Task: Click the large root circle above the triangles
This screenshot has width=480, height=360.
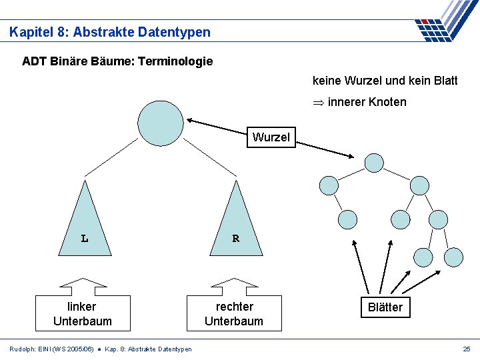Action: click(x=160, y=123)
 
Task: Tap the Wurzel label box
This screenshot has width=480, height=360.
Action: click(x=271, y=137)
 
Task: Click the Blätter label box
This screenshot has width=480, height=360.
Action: click(x=385, y=307)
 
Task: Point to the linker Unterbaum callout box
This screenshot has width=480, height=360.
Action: click(x=82, y=313)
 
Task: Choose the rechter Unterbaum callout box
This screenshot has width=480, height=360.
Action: click(x=234, y=313)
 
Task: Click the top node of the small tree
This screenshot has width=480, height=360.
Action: click(x=374, y=163)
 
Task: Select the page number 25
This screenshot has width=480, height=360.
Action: click(x=466, y=349)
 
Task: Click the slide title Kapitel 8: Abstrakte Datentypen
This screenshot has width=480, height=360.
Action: click(x=110, y=31)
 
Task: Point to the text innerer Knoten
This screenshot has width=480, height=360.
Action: click(x=367, y=102)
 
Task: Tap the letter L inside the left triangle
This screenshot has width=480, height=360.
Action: click(x=84, y=238)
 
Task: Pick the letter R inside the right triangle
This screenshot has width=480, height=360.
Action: click(x=235, y=238)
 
